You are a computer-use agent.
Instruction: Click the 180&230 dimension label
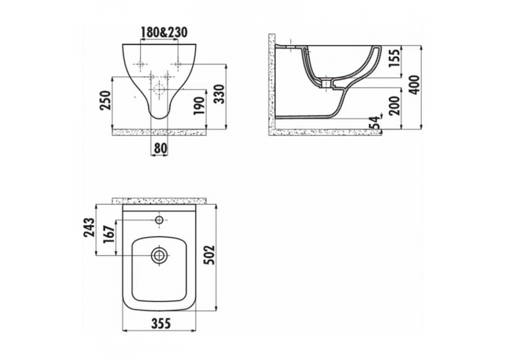click(x=164, y=32)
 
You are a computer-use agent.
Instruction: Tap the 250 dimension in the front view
click(x=106, y=100)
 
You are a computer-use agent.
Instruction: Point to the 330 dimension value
click(x=219, y=94)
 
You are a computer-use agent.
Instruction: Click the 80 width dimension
click(x=160, y=148)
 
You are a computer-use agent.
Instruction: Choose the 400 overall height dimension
click(x=415, y=85)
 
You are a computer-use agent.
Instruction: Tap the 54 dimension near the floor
click(x=375, y=122)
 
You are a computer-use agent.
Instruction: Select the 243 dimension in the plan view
click(x=89, y=227)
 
